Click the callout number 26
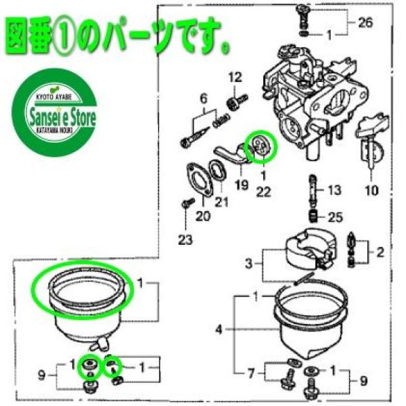click(365, 22)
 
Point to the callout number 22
click(263, 192)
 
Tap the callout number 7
click(251, 372)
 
